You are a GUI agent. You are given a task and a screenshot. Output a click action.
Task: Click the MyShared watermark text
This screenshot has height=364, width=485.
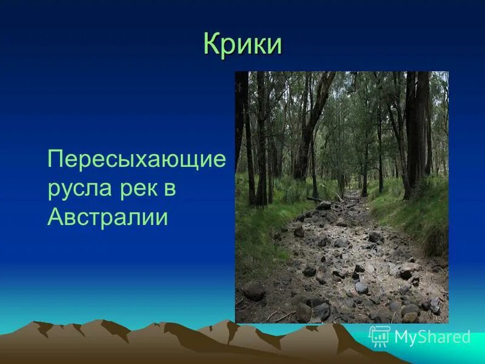click(x=432, y=337)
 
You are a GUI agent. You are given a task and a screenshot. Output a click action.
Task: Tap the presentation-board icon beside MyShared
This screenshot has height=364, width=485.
click(x=380, y=335)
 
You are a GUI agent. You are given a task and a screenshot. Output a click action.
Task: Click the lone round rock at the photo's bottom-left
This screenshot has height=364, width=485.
click(x=254, y=290)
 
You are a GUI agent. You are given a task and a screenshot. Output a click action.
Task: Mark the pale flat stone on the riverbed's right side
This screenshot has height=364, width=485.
click(x=407, y=267)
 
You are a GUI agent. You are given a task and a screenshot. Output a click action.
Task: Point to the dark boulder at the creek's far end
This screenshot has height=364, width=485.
click(x=324, y=206)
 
